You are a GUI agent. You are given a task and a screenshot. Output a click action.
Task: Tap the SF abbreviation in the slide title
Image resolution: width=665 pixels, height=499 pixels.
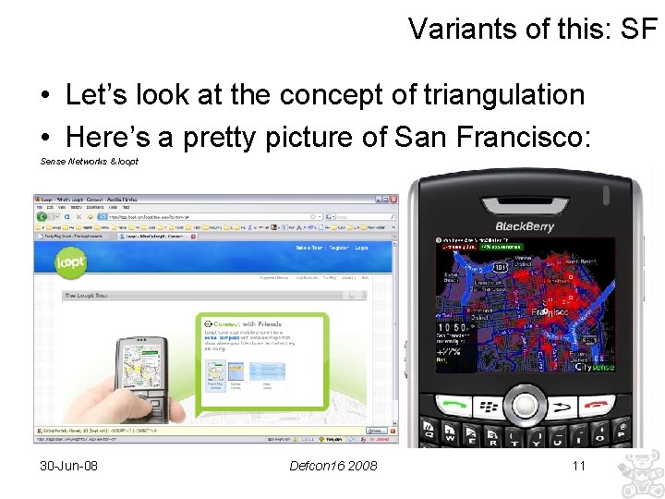coord(639,29)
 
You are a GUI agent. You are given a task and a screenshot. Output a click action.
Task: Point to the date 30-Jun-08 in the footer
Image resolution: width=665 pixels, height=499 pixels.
coord(68,465)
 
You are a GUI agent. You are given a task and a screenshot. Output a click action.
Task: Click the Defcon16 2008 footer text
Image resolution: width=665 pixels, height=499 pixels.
coord(332,465)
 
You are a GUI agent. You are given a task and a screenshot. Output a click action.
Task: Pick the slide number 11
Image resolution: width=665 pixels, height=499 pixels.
coord(579,465)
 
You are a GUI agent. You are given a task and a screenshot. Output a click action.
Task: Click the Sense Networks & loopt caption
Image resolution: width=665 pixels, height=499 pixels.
coord(89,161)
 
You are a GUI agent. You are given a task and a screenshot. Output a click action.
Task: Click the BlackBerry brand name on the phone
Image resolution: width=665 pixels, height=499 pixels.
coord(524,225)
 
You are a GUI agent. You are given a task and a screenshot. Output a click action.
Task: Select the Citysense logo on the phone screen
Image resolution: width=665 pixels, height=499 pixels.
coord(594,368)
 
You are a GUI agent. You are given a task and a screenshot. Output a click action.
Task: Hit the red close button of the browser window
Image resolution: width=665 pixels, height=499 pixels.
coord(393,199)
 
